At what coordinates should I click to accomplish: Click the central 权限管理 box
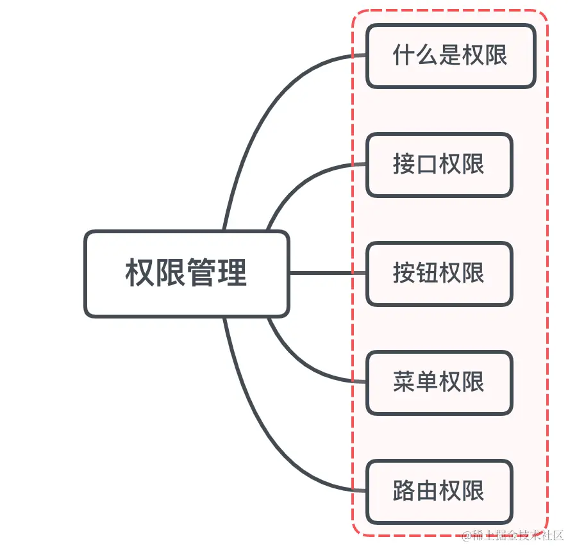[x=187, y=274]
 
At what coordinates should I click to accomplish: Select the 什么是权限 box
[x=450, y=56]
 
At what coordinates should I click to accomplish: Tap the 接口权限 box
[x=439, y=165]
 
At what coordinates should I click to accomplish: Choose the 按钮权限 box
[x=439, y=274]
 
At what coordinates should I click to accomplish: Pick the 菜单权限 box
[x=439, y=383]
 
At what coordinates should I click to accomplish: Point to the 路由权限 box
[x=439, y=492]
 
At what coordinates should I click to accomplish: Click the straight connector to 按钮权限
[x=327, y=273]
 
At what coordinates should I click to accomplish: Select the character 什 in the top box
[x=404, y=56]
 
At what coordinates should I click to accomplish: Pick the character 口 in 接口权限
[x=428, y=165]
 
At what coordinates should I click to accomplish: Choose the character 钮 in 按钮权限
[x=428, y=274]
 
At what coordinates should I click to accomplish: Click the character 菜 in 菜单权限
[x=405, y=383]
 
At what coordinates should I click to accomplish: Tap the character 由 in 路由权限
[x=428, y=492]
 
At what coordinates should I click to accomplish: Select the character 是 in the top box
[x=450, y=56]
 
